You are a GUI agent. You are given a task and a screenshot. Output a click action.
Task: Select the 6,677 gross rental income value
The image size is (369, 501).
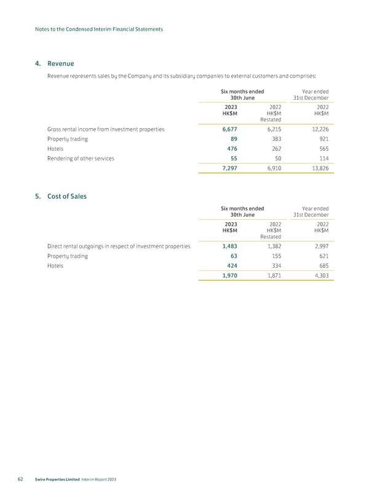(229, 129)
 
